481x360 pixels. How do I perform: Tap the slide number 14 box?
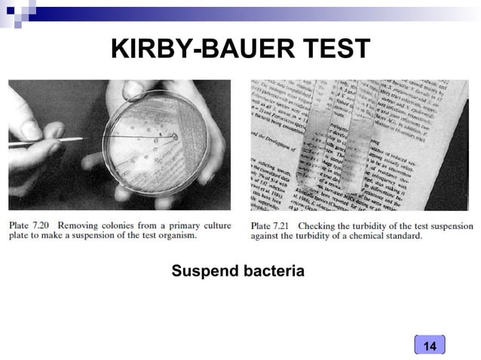pyautogui.click(x=430, y=346)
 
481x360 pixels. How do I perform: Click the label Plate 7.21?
pyautogui.click(x=270, y=225)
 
